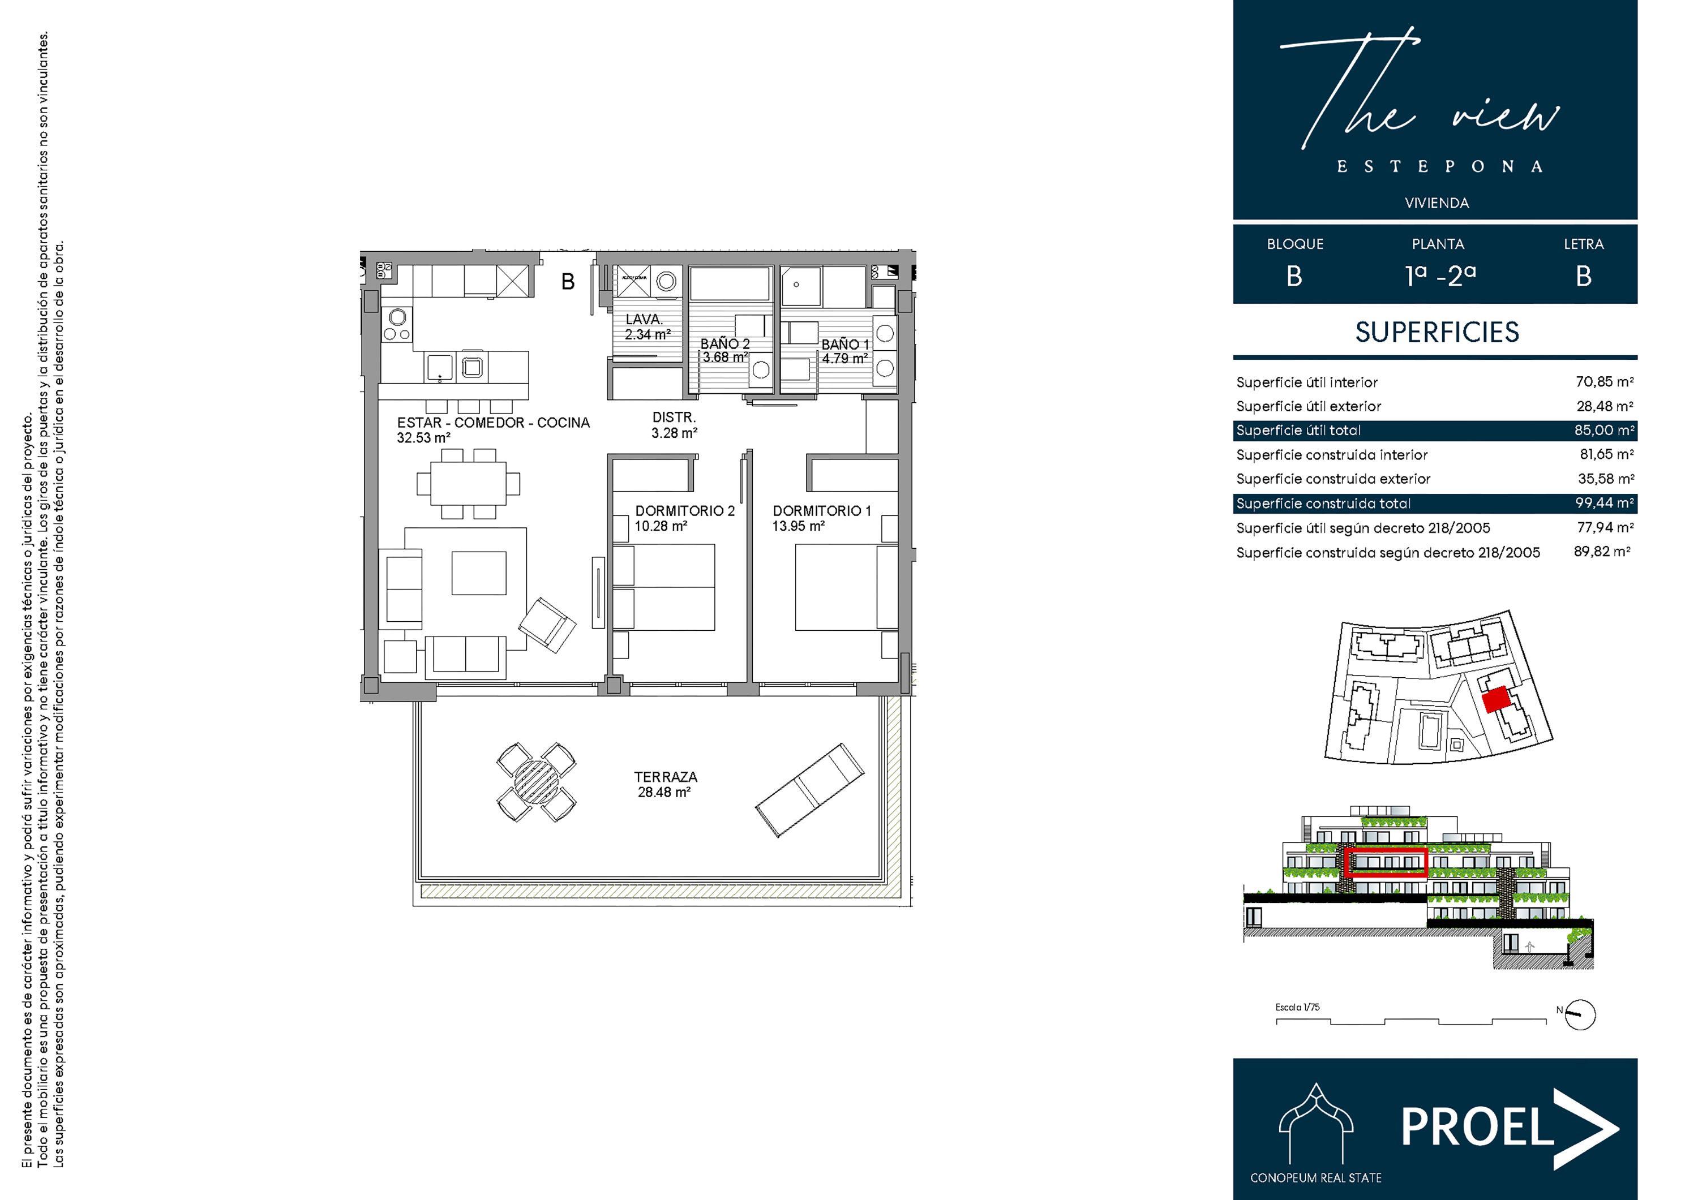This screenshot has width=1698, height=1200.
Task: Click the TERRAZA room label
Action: [x=665, y=777]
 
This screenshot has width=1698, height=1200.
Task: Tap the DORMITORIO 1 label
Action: [x=822, y=511]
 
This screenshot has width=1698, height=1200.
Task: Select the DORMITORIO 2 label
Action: [x=685, y=511]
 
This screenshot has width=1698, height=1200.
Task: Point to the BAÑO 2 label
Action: [x=724, y=344]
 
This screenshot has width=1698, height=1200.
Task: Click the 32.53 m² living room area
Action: [x=423, y=438]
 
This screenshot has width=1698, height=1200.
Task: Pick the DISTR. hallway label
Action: [x=674, y=418]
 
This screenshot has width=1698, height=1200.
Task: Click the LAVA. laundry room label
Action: [x=644, y=320]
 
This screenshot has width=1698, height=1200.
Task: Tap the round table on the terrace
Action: [x=536, y=781]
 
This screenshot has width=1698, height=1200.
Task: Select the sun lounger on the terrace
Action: [x=809, y=790]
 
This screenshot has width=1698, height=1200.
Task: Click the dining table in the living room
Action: [x=468, y=484]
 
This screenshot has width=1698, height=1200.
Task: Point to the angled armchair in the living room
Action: [x=547, y=625]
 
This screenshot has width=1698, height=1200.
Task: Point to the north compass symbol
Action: [x=1580, y=1014]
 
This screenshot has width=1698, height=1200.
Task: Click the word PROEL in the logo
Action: [x=1477, y=1127]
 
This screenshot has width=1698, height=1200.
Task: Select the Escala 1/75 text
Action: [x=1297, y=1007]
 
